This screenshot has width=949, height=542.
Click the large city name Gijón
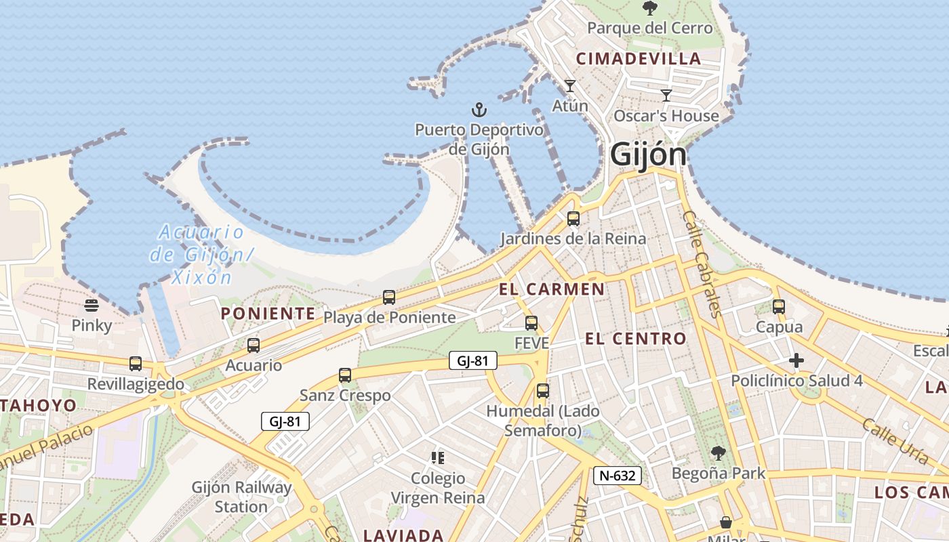coord(648,155)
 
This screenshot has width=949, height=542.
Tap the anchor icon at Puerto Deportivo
coord(479,110)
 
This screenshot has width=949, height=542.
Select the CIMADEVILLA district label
coord(638,59)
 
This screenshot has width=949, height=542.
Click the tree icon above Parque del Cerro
coord(649,9)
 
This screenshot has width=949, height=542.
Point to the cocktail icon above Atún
coord(569,86)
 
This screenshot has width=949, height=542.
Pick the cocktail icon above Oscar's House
coord(666,96)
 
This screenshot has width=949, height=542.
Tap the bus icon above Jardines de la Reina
coord(573,219)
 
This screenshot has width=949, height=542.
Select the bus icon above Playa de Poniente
coord(389,297)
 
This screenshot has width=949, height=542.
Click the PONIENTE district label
coord(268,314)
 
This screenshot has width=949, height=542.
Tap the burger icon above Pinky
coord(92,306)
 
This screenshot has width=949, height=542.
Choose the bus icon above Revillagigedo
coord(136,364)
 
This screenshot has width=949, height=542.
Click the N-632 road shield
coord(618,476)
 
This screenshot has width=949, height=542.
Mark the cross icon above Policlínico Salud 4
coord(796,360)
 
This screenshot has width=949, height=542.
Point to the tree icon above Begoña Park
coord(719,453)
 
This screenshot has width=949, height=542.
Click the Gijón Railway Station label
coord(241,497)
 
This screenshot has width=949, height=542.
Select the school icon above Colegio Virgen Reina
coord(438,458)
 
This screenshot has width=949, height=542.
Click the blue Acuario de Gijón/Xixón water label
coord(201,255)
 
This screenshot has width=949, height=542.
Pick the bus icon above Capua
coord(779,307)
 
